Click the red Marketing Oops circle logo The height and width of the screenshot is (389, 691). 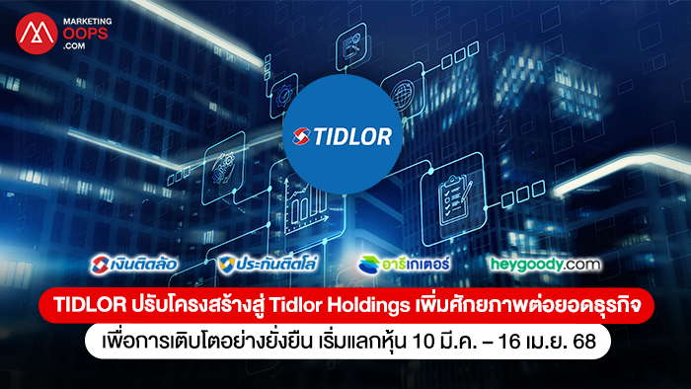click(37, 34)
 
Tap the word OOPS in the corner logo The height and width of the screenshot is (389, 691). click(86, 34)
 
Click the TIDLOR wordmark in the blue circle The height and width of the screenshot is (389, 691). click(352, 136)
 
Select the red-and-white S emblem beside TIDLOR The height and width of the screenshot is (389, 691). click(302, 136)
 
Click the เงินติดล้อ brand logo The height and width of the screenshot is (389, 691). click(134, 265)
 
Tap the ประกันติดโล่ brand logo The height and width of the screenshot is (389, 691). click(268, 265)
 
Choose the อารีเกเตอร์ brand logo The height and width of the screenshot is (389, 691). click(404, 265)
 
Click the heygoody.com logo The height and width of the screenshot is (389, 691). click(546, 265)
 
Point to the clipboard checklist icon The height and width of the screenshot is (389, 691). click(454, 199)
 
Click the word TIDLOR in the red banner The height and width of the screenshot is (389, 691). click(90, 305)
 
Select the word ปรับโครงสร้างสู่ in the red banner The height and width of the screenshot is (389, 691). click(197, 305)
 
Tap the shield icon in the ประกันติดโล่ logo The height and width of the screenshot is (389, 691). click(226, 266)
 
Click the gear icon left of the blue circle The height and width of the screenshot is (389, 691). click(282, 97)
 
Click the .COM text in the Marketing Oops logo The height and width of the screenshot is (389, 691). click(74, 45)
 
